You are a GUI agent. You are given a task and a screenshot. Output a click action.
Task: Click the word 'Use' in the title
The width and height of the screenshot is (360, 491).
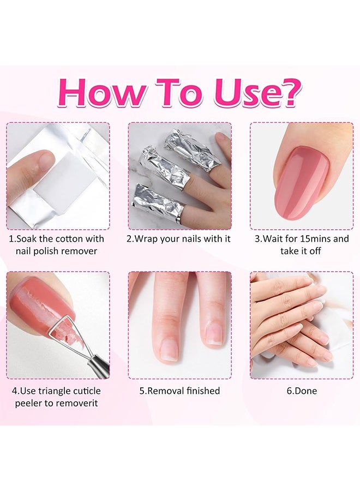[244, 93]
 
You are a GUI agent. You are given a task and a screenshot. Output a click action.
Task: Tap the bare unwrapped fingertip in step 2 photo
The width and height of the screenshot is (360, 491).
[224, 141]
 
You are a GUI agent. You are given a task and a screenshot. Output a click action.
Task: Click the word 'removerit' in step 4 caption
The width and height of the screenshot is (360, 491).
[76, 403]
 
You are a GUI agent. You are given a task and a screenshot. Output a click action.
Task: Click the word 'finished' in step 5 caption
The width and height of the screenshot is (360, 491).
[203, 391]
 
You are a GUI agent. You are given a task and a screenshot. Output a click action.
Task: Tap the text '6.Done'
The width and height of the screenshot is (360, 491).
[302, 391]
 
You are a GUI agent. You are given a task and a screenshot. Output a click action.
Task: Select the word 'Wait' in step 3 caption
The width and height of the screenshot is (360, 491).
[274, 239]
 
